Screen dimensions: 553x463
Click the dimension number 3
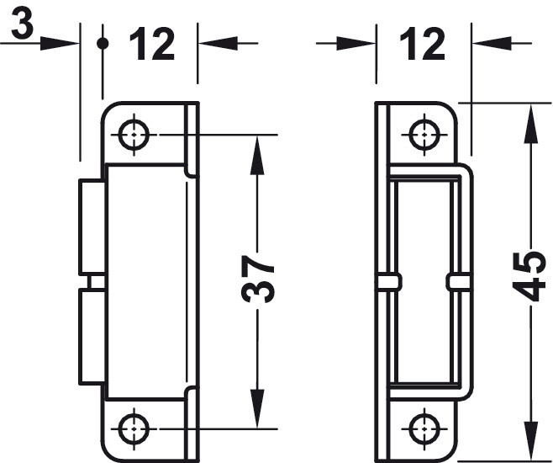pos(22,24)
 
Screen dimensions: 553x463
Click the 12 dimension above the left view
pos(152,45)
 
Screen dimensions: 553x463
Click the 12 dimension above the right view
pos(423,45)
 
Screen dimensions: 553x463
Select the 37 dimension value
pos(258,279)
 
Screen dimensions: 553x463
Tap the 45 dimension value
pos(530,276)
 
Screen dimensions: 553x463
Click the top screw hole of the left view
pos(134,135)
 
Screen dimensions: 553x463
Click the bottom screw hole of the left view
pos(134,428)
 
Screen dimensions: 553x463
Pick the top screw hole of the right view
pos(424,135)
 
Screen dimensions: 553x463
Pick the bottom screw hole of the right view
pos(424,428)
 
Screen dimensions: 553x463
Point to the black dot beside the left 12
pos(103,43)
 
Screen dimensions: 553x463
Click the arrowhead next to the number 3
pos(59,43)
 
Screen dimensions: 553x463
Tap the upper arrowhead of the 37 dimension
pos(257,156)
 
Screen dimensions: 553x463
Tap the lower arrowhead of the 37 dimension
pos(257,408)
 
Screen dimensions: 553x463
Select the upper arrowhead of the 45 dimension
pos(530,124)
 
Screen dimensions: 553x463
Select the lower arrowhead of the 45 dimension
pos(530,441)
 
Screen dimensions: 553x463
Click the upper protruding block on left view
pos(92,226)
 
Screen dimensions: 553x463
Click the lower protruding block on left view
pos(92,336)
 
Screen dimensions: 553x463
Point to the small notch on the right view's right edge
pos(460,281)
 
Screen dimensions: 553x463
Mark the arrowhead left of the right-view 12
pos(355,43)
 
